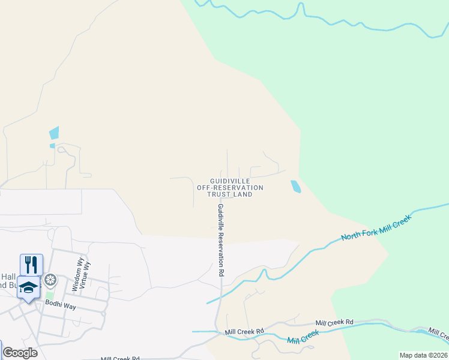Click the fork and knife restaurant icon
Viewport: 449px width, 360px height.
coord(31,265)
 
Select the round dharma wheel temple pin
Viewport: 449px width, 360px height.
coord(51,280)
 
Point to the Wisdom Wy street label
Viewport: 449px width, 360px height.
coord(77,274)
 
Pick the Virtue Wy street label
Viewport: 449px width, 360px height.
coord(86,274)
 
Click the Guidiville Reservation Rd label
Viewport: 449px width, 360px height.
coord(221,239)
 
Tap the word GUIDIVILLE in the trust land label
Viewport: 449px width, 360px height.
coord(229,181)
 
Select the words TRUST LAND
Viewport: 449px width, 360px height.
coord(229,194)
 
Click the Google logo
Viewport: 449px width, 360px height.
coord(20,353)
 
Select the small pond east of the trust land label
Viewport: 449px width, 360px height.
coord(295,187)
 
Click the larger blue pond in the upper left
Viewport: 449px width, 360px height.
coord(54,133)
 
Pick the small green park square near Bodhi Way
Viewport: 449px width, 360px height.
coord(50,296)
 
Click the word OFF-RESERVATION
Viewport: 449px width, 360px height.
coord(230,188)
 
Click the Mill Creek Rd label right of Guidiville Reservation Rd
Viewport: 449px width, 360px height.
coord(335,323)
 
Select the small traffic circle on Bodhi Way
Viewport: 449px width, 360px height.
coord(104,313)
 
